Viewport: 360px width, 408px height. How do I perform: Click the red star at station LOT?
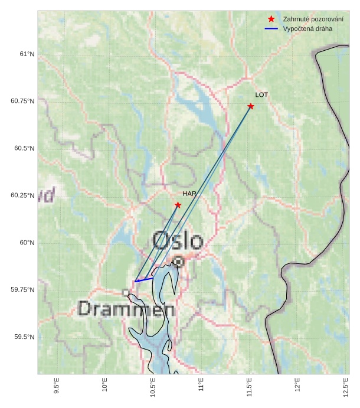[x=251, y=106]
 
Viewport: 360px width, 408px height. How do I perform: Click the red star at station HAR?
[x=178, y=205]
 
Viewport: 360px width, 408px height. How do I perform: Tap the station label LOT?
[x=261, y=95]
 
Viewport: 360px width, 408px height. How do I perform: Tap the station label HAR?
[x=189, y=194]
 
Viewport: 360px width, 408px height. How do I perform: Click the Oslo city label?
[x=178, y=240]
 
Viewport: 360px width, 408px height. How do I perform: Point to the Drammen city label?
[x=126, y=309]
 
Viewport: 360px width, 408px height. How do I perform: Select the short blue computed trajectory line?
[x=145, y=279]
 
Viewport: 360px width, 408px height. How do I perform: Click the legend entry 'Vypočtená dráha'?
[x=307, y=28]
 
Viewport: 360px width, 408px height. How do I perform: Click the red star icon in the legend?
[x=271, y=19]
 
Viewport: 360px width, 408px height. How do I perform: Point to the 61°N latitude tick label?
[x=27, y=54]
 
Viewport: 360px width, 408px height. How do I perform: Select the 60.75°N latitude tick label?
[x=23, y=101]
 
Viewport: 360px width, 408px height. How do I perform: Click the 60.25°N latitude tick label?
[x=23, y=195]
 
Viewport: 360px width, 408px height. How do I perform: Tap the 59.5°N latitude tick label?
[x=25, y=337]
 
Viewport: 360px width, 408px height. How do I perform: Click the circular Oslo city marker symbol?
[x=178, y=260]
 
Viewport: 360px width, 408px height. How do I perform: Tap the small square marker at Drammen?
[x=125, y=292]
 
